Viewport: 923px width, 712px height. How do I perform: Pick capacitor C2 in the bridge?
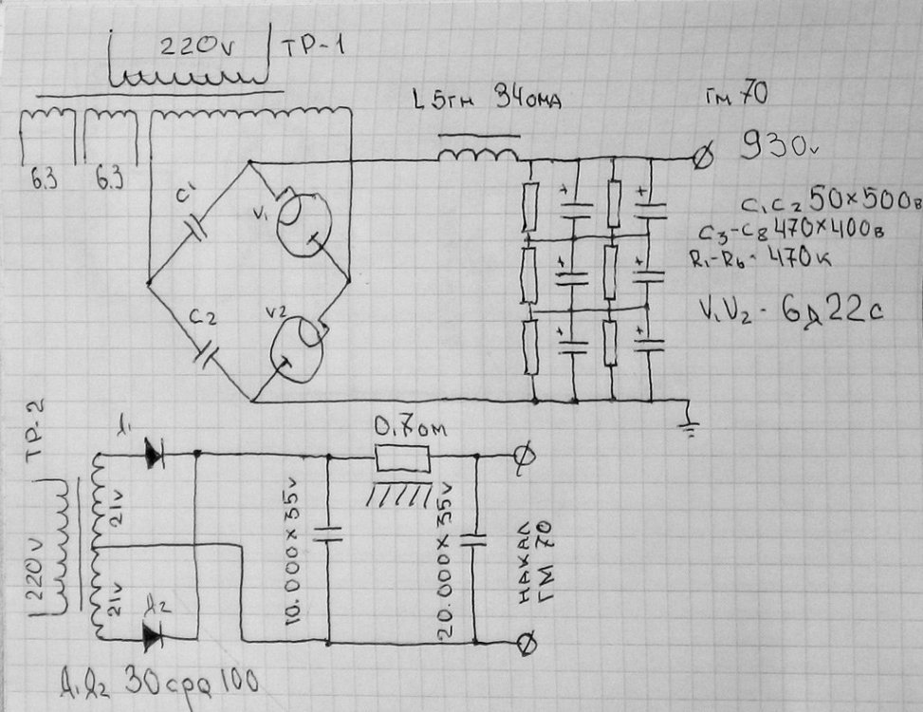pos(207,353)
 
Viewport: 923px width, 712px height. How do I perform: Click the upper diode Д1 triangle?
pos(153,455)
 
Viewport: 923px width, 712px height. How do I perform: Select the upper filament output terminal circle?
pos(521,457)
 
